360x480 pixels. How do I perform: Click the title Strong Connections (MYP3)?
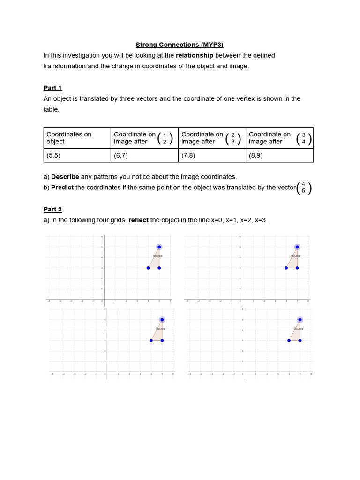pos(180,45)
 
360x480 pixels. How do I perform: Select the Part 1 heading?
pos(52,88)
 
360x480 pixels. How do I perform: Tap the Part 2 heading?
pos(52,209)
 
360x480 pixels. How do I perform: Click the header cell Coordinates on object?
pos(69,138)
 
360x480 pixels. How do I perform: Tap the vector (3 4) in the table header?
pos(303,138)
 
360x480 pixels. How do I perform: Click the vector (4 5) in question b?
pos(303,187)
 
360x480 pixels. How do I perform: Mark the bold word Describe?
pos(65,177)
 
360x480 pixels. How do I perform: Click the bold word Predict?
pos(62,187)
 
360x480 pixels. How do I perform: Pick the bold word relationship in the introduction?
pos(194,55)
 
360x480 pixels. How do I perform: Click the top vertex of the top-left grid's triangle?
pos(159,247)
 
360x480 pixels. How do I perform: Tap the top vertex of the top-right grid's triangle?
pos(297,247)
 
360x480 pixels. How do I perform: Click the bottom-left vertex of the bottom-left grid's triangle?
pos(151,340)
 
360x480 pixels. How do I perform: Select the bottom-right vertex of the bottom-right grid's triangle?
pos(300,340)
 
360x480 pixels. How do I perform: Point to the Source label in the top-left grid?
pos(157,256)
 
